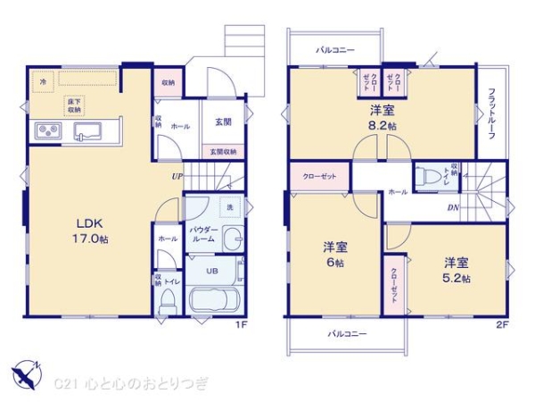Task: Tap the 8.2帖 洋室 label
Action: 383,119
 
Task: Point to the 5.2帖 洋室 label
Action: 455,270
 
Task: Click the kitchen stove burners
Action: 46,133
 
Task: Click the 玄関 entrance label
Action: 223,121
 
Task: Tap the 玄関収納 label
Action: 223,152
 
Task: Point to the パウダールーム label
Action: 202,234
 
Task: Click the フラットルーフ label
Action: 490,115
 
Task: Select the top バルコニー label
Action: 335,50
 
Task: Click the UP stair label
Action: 178,176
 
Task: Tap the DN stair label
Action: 453,207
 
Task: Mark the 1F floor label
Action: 240,324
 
